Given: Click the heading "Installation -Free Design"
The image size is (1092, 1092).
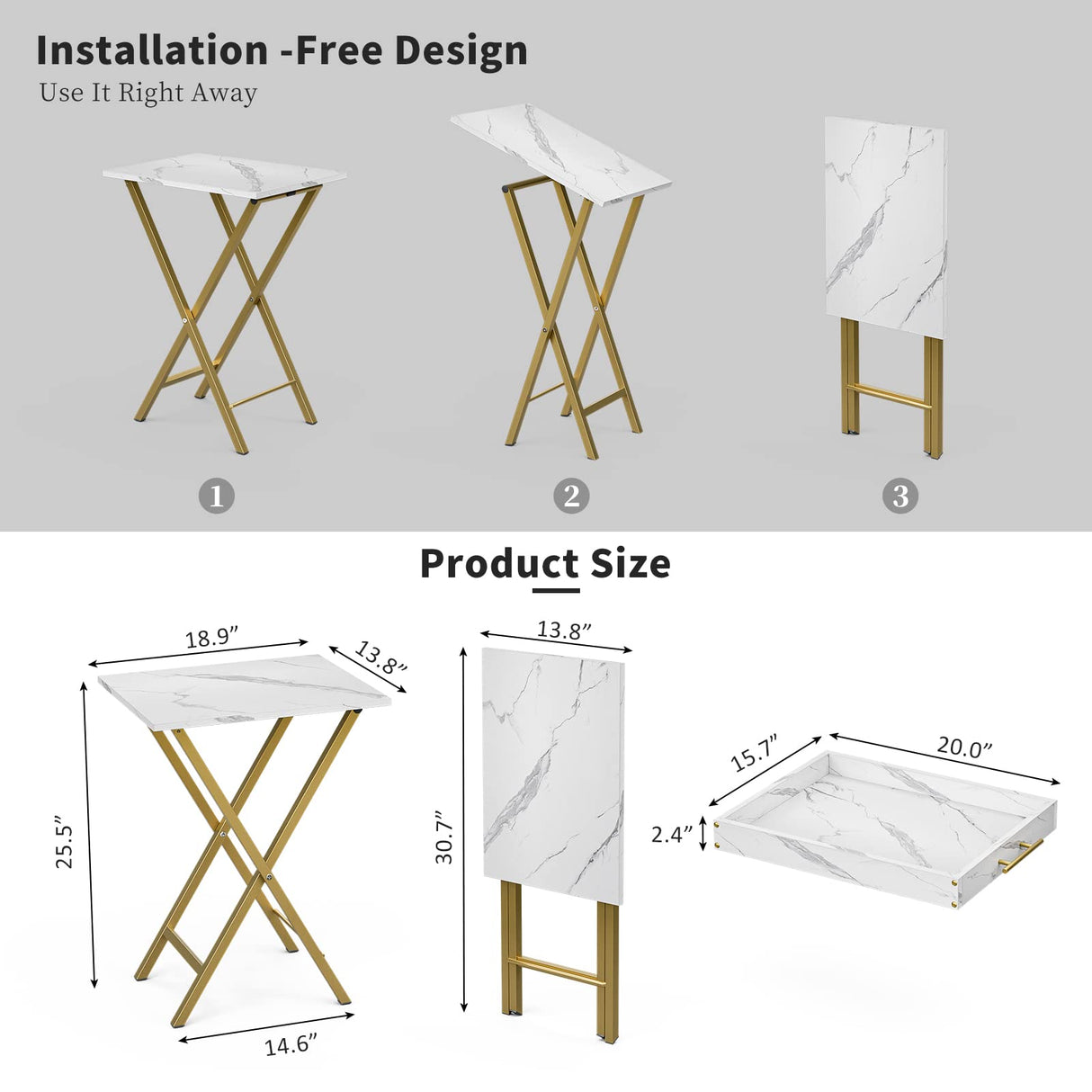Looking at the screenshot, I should tap(282, 50).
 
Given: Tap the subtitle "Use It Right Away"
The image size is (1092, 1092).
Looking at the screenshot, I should tap(148, 93).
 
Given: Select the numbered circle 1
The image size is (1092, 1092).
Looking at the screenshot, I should tap(216, 496).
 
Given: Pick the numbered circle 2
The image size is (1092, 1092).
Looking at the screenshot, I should tap(571, 496).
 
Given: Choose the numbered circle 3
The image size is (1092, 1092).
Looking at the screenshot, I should tap(900, 496).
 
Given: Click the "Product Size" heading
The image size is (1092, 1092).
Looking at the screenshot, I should tap(545, 564).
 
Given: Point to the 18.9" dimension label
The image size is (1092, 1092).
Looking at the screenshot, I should tap(211, 638).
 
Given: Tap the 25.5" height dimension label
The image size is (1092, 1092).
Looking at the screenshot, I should tap(64, 842).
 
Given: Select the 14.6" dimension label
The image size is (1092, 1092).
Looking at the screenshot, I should tap(291, 1045).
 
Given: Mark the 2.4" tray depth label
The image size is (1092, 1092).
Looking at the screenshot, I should tap(672, 834).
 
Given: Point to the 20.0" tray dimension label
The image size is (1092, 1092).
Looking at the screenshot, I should tap(964, 747).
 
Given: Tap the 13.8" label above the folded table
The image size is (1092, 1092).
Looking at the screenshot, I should tap(564, 629).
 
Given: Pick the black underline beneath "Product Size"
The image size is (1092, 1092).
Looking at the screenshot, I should tap(556, 591).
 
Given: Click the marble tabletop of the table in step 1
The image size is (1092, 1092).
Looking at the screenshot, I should tap(225, 175).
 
